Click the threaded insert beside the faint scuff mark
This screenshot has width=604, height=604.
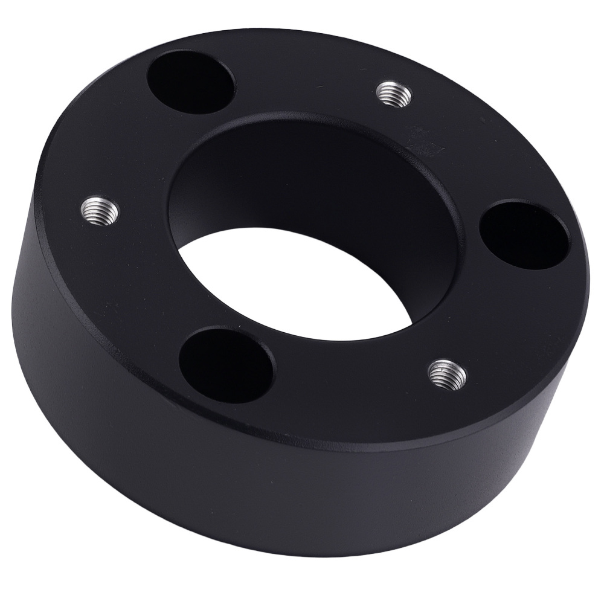pos(394,94)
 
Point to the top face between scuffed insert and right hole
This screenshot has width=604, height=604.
pos(471,151)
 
